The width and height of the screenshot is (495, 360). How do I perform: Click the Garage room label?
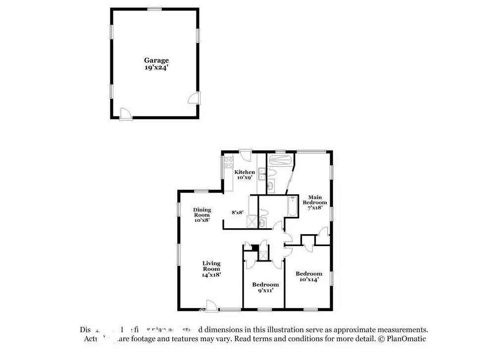tap(156, 60)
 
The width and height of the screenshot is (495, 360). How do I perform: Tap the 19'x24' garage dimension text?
tap(156, 68)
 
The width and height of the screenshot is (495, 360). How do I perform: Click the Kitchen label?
tap(245, 172)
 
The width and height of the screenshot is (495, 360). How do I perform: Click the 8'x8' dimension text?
tap(238, 212)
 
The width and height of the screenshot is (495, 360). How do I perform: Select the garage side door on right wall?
tap(196, 98)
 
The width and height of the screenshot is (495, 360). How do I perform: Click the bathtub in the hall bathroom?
tap(293, 206)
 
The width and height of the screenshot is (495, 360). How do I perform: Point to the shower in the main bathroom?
tap(280, 159)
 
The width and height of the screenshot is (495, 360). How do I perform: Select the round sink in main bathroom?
tap(271, 187)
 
